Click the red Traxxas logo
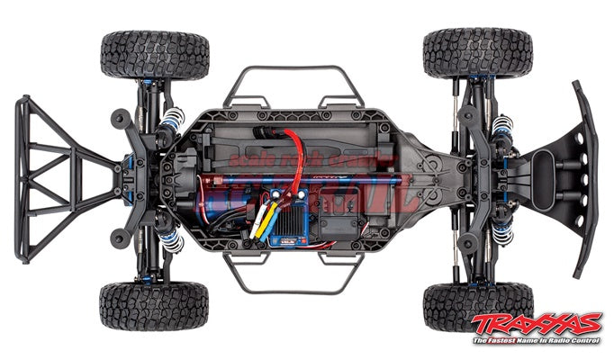(x=539, y=323)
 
